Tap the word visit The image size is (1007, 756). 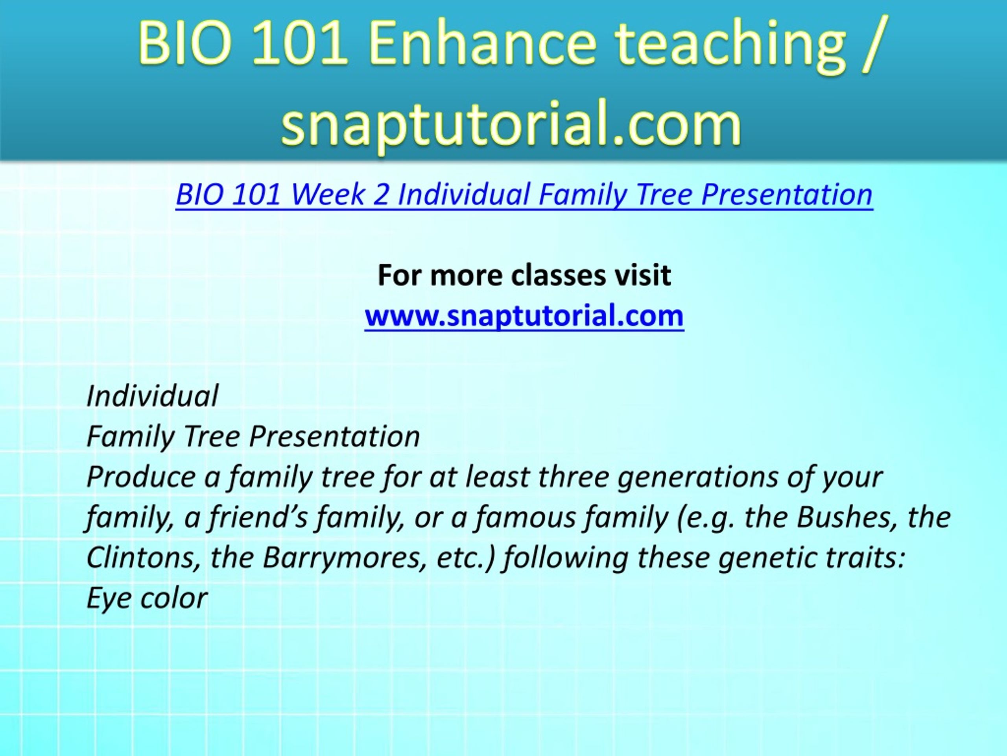pyautogui.click(x=643, y=275)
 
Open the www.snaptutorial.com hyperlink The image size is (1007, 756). pyautogui.click(x=524, y=315)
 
